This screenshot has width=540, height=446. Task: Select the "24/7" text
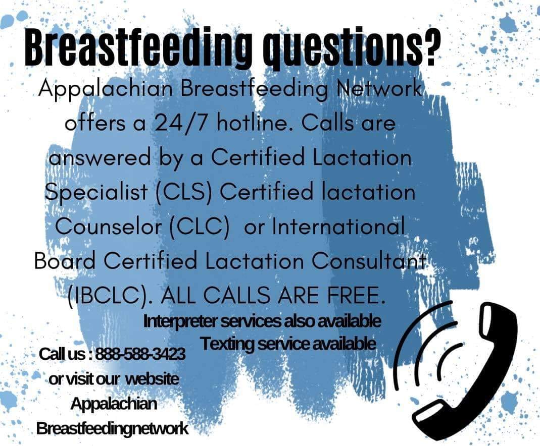pyautogui.click(x=181, y=123)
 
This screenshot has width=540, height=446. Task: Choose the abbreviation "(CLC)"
pyautogui.click(x=200, y=227)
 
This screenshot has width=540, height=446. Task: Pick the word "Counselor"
pyautogui.click(x=108, y=227)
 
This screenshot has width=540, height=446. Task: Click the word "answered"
pyautogui.click(x=100, y=157)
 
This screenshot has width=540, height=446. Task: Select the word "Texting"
pyautogui.click(x=228, y=344)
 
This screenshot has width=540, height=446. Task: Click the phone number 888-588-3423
pyautogui.click(x=140, y=354)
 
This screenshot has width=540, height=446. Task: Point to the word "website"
pyautogui.click(x=152, y=379)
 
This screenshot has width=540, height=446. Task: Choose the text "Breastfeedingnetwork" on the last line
pyautogui.click(x=112, y=428)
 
